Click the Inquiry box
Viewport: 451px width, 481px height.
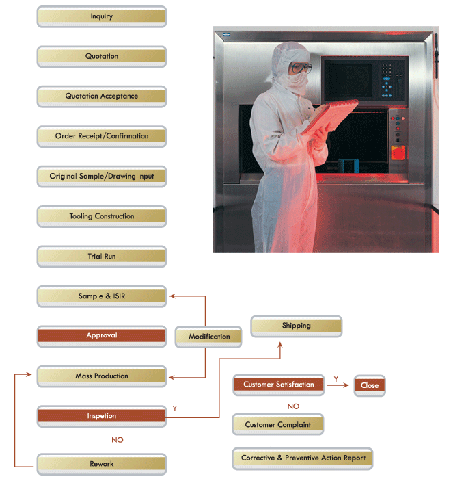click(101, 16)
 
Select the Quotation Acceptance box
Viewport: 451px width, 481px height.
click(101, 96)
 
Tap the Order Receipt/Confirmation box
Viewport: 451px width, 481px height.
click(101, 136)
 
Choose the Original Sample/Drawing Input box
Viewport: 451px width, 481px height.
click(101, 177)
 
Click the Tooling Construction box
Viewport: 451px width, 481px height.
click(101, 216)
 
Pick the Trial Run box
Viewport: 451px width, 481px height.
click(101, 257)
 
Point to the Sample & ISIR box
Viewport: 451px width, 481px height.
click(101, 296)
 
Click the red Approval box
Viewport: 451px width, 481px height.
click(101, 336)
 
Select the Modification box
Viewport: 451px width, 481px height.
click(209, 337)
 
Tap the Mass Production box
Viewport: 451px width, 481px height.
click(101, 376)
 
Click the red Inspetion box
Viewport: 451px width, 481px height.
click(101, 415)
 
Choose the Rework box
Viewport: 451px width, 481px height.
click(101, 464)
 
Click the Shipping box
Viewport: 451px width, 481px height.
click(296, 326)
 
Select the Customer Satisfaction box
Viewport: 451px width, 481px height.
click(278, 385)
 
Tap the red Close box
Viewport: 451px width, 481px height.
click(370, 385)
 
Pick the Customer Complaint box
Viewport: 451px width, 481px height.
click(277, 425)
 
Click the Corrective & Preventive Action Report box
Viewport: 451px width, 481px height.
click(303, 458)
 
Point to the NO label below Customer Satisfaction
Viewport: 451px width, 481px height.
click(293, 406)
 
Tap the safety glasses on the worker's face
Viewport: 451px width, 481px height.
click(301, 68)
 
